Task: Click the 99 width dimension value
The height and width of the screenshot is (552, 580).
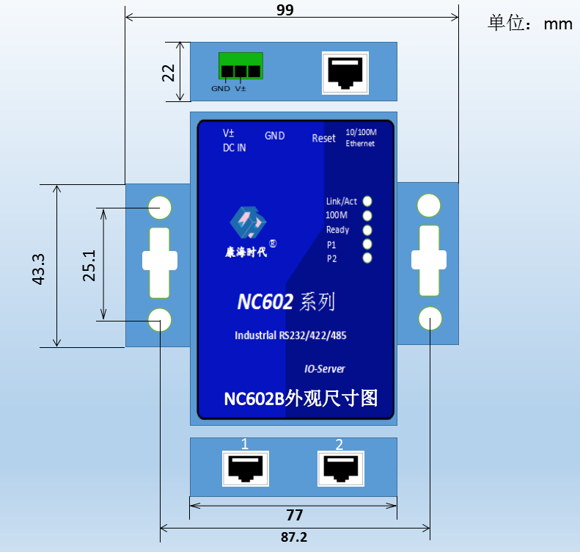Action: (285, 10)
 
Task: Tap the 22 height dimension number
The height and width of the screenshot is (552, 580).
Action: (169, 73)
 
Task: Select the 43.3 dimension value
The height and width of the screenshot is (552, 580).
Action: (38, 269)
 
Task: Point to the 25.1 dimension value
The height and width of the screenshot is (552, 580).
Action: (89, 266)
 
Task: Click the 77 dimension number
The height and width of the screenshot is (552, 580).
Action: (295, 515)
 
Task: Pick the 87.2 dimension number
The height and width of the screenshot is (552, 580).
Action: (294, 537)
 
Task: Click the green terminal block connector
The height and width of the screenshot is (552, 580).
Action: (241, 65)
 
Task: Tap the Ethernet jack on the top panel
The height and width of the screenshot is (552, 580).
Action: (345, 73)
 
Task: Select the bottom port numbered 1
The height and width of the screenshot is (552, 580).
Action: (246, 468)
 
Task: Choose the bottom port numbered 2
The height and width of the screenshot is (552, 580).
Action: (341, 468)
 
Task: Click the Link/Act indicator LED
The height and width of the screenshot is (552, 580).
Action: (367, 201)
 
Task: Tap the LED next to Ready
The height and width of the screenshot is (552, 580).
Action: (367, 230)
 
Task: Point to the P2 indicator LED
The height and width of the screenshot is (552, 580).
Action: (367, 258)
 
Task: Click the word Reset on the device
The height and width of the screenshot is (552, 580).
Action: (323, 138)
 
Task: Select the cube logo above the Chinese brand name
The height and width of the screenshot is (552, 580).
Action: (248, 222)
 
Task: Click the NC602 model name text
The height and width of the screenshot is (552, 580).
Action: (265, 302)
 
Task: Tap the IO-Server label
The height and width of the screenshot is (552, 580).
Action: (324, 368)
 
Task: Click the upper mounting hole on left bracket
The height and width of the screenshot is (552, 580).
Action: (160, 207)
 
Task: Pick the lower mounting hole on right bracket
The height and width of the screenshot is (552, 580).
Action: (430, 319)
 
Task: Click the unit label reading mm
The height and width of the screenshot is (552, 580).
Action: (558, 24)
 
